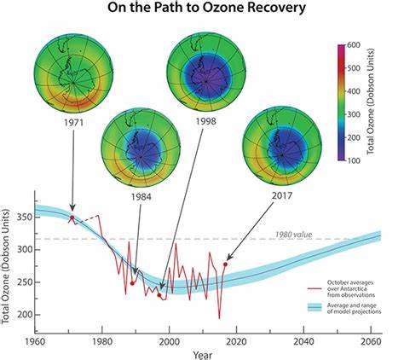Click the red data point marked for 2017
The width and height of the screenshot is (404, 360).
coord(225,264)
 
